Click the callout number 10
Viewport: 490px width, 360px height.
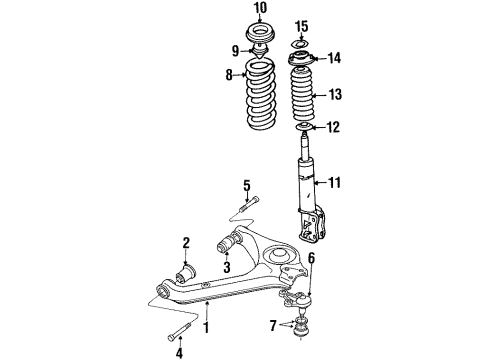click(261, 10)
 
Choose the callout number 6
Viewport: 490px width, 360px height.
click(313, 259)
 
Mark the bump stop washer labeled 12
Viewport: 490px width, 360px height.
click(304, 126)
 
